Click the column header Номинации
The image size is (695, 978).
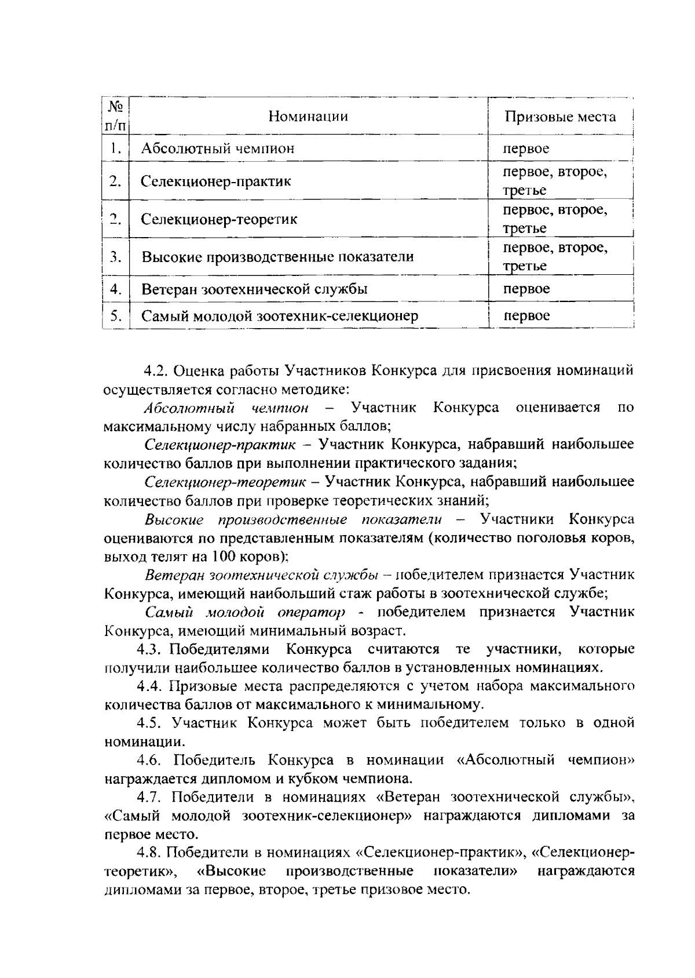click(308, 117)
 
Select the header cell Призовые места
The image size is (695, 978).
click(559, 117)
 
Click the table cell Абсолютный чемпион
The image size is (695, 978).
click(218, 148)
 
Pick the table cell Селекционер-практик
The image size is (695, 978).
click(216, 181)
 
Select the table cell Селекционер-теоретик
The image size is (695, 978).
click(220, 220)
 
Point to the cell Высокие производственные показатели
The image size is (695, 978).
click(278, 257)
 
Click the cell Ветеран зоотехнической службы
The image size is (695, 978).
click(255, 289)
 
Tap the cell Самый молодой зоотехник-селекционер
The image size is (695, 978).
click(280, 316)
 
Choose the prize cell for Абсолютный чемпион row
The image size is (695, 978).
click(526, 148)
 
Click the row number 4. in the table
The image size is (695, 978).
click(115, 289)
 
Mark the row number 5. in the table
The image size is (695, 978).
click(115, 316)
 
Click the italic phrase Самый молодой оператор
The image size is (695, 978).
click(245, 612)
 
